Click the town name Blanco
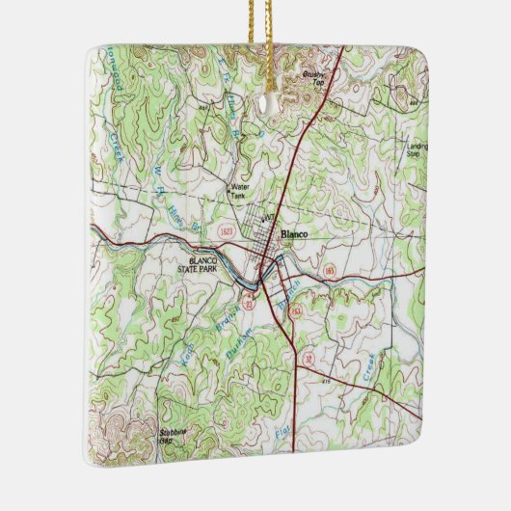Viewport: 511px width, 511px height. pos(293,234)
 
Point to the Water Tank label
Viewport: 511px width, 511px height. pos(238,191)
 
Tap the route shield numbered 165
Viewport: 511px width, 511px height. pos(330,270)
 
